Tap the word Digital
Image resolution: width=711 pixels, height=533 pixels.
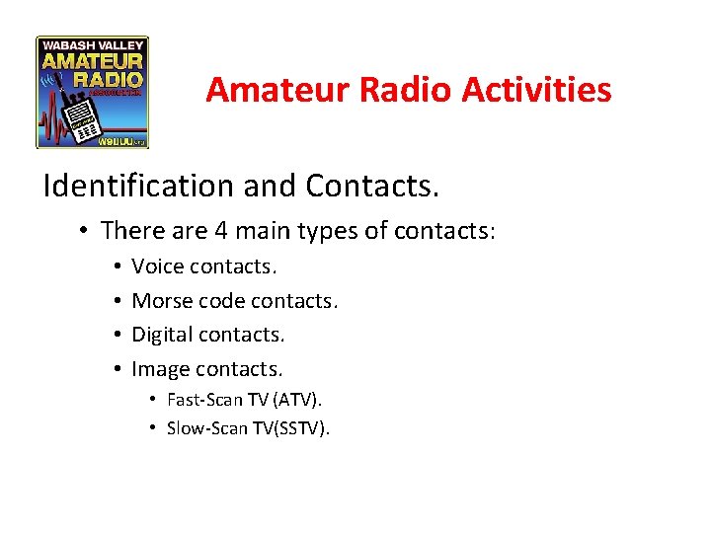(x=163, y=336)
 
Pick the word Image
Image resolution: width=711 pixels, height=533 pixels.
(x=161, y=369)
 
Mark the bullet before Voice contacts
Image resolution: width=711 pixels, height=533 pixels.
(x=117, y=267)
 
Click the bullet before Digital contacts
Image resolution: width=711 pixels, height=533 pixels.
(x=117, y=336)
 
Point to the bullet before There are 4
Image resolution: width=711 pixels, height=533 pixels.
(x=87, y=232)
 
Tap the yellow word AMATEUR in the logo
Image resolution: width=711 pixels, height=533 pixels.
(x=93, y=61)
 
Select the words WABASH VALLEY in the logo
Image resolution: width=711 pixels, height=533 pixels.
(x=93, y=44)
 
